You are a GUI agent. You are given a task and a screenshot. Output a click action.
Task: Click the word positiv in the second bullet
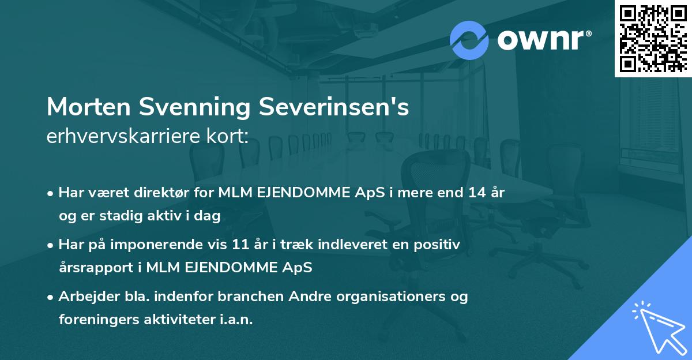click(x=439, y=245)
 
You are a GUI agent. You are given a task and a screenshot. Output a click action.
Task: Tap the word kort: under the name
click(x=230, y=137)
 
